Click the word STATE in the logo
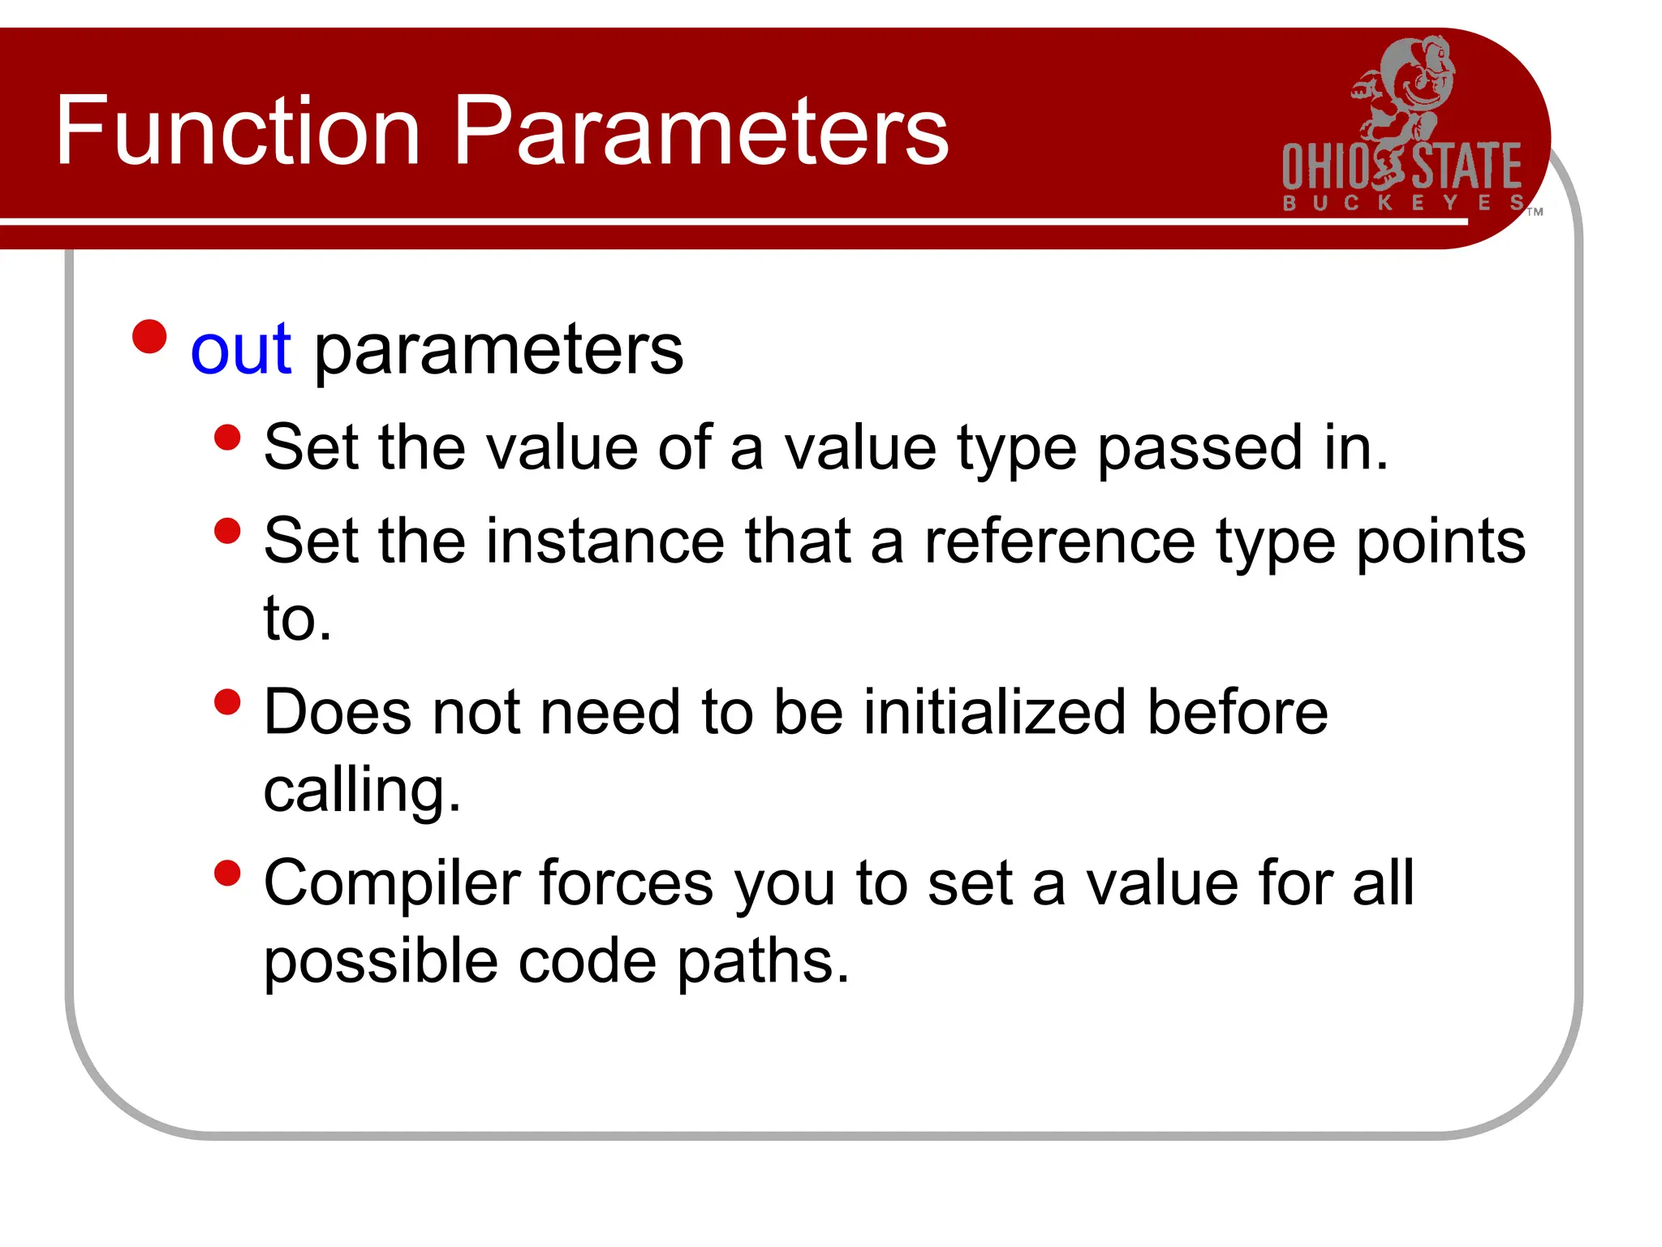tap(1467, 166)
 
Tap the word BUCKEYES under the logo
tap(1402, 203)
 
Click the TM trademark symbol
tap(1535, 213)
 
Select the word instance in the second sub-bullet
tap(605, 542)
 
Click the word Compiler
tap(391, 883)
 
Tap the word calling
tap(362, 791)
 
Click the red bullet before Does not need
tap(228, 702)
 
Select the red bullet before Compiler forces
tap(228, 874)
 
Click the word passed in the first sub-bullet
tap(1199, 448)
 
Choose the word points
tap(1441, 542)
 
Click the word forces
tap(625, 883)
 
